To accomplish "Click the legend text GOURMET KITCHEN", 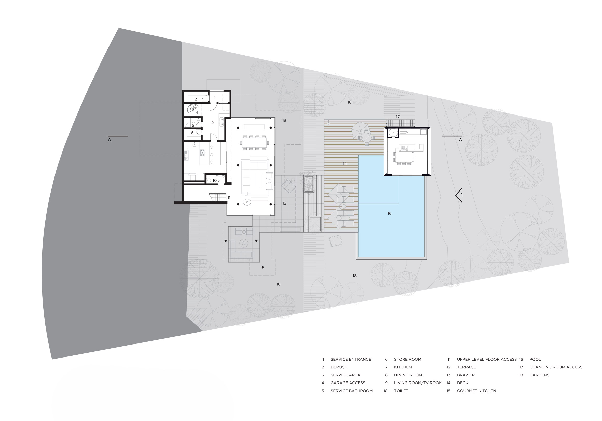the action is (476, 391).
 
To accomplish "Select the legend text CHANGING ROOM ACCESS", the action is (556, 367).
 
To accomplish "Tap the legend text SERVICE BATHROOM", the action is (351, 391).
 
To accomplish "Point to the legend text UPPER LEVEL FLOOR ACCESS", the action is (487, 359).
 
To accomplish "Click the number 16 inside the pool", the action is (389, 214).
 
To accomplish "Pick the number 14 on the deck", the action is (345, 163).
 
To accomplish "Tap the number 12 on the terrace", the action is (284, 203).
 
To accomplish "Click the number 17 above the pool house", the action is (398, 117).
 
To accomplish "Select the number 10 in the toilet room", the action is (214, 180).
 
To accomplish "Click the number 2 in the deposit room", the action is (196, 99).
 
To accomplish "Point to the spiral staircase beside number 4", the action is (193, 108).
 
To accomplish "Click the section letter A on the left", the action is (109, 141).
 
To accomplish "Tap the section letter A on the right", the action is (460, 141).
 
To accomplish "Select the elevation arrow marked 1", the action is (459, 195).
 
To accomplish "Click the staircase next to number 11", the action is (218, 197).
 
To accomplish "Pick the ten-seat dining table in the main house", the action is (254, 143).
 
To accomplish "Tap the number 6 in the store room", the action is (192, 133).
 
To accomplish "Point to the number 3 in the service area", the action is (212, 122).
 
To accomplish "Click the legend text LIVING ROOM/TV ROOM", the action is (418, 383).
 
